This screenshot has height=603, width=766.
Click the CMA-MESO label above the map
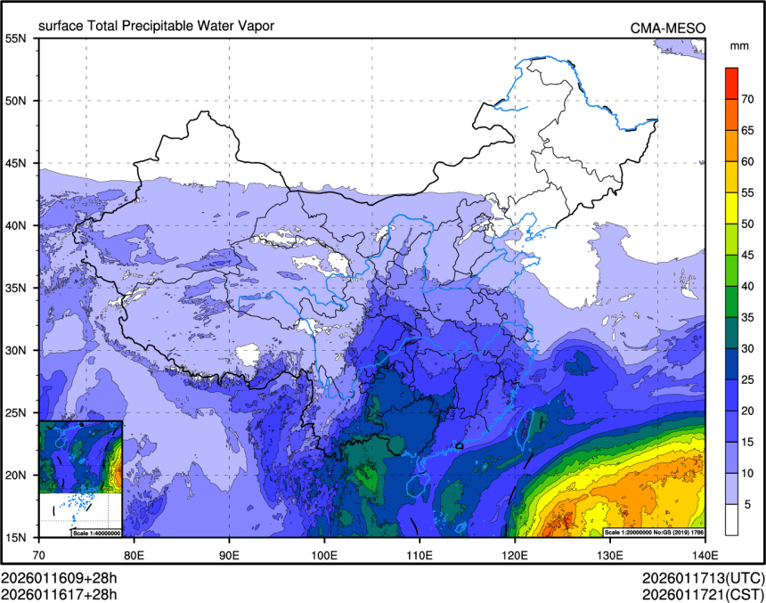tap(668, 28)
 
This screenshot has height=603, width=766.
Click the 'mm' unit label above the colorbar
tap(738, 45)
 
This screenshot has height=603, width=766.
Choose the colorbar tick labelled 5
tap(748, 504)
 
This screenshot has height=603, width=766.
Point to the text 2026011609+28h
tap(59, 577)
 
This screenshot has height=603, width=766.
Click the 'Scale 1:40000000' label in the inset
tap(95, 533)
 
